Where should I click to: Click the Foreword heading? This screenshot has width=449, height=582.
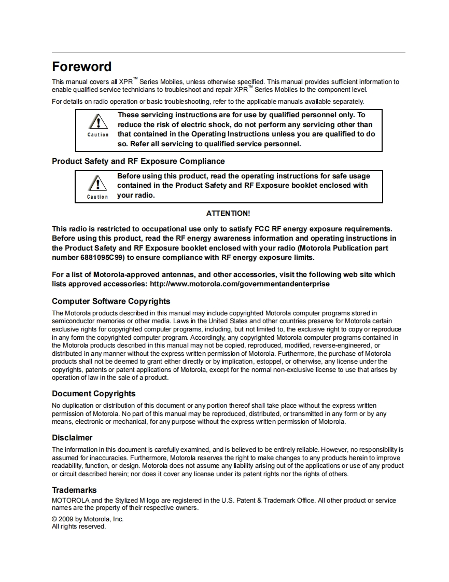point(81,67)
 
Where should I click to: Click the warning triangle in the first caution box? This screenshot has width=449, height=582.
point(97,123)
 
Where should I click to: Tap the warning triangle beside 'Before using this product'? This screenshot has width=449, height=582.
point(97,184)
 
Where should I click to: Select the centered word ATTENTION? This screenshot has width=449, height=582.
point(228,213)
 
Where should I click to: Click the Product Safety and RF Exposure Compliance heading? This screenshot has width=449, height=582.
point(138,161)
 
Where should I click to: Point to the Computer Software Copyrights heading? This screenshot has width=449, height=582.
point(111,301)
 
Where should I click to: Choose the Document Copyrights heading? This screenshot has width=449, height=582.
point(93,394)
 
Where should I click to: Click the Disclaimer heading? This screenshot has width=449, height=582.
point(72,438)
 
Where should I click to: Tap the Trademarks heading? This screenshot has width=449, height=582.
point(74,490)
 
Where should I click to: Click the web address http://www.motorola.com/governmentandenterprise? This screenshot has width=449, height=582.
point(240,284)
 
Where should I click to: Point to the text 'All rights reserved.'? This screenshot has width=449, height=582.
point(79,526)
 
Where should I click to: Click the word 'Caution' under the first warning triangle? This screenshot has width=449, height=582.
point(97,135)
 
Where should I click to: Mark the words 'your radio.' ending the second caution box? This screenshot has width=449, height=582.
point(136,196)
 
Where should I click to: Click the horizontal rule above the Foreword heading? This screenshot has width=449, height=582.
point(228,52)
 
